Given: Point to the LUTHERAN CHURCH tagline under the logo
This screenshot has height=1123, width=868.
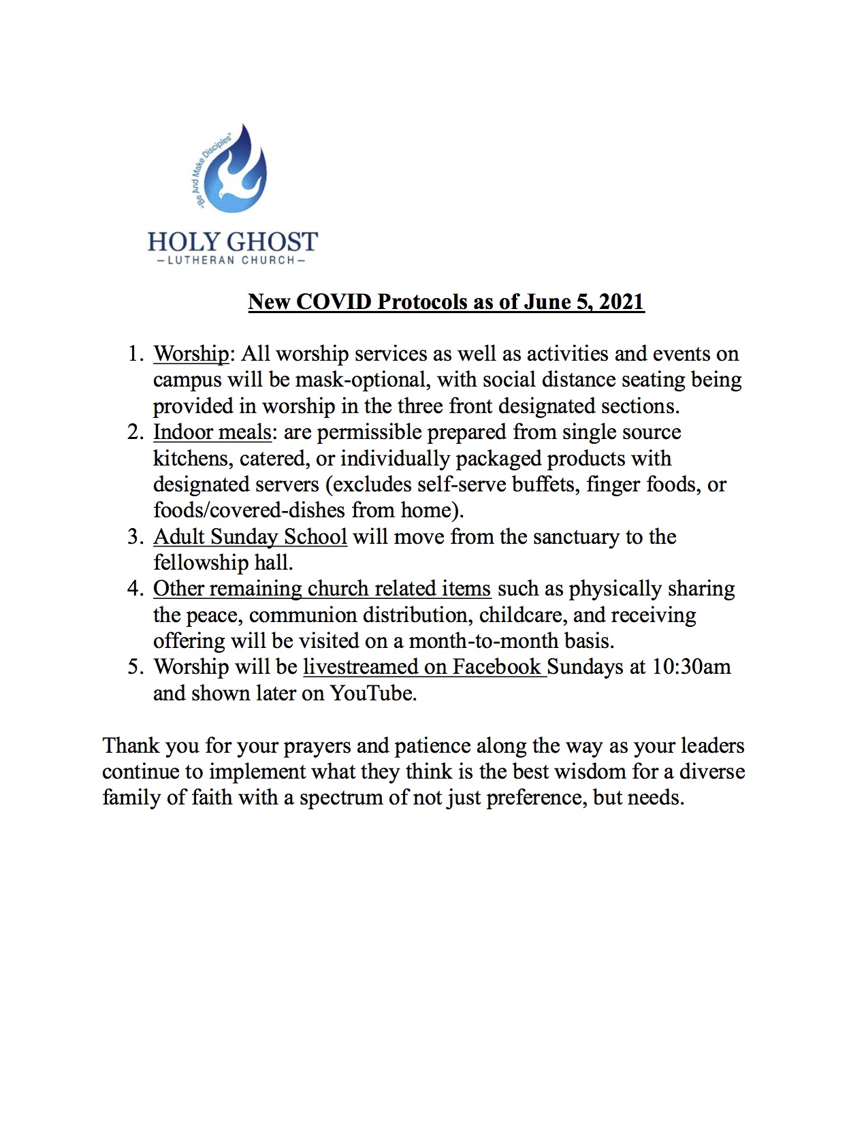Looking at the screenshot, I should [x=231, y=260].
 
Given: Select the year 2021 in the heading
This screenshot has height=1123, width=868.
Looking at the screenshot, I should [x=621, y=302].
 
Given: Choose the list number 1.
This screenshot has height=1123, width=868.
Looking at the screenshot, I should [x=135, y=354].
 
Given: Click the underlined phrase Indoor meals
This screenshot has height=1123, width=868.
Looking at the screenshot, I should [x=212, y=432].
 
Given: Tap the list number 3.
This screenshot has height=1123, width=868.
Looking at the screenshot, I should [x=135, y=537].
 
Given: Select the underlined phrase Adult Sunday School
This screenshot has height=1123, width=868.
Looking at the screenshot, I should [x=250, y=537].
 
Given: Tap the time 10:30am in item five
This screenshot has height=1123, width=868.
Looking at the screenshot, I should [x=691, y=667].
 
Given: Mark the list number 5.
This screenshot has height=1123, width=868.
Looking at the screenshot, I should [x=135, y=667].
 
